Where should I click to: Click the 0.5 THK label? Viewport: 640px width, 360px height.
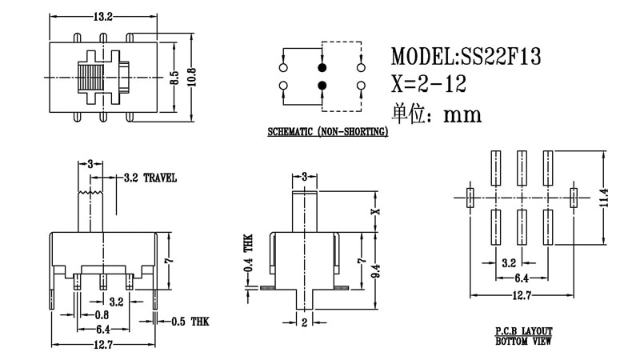click(x=190, y=321)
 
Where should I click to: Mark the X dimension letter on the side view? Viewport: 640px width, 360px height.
click(x=374, y=212)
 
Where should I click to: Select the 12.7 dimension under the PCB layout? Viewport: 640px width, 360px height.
click(x=521, y=297)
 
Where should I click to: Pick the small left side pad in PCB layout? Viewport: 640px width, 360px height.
click(x=470, y=194)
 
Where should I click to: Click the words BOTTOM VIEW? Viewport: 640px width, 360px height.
click(x=523, y=341)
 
